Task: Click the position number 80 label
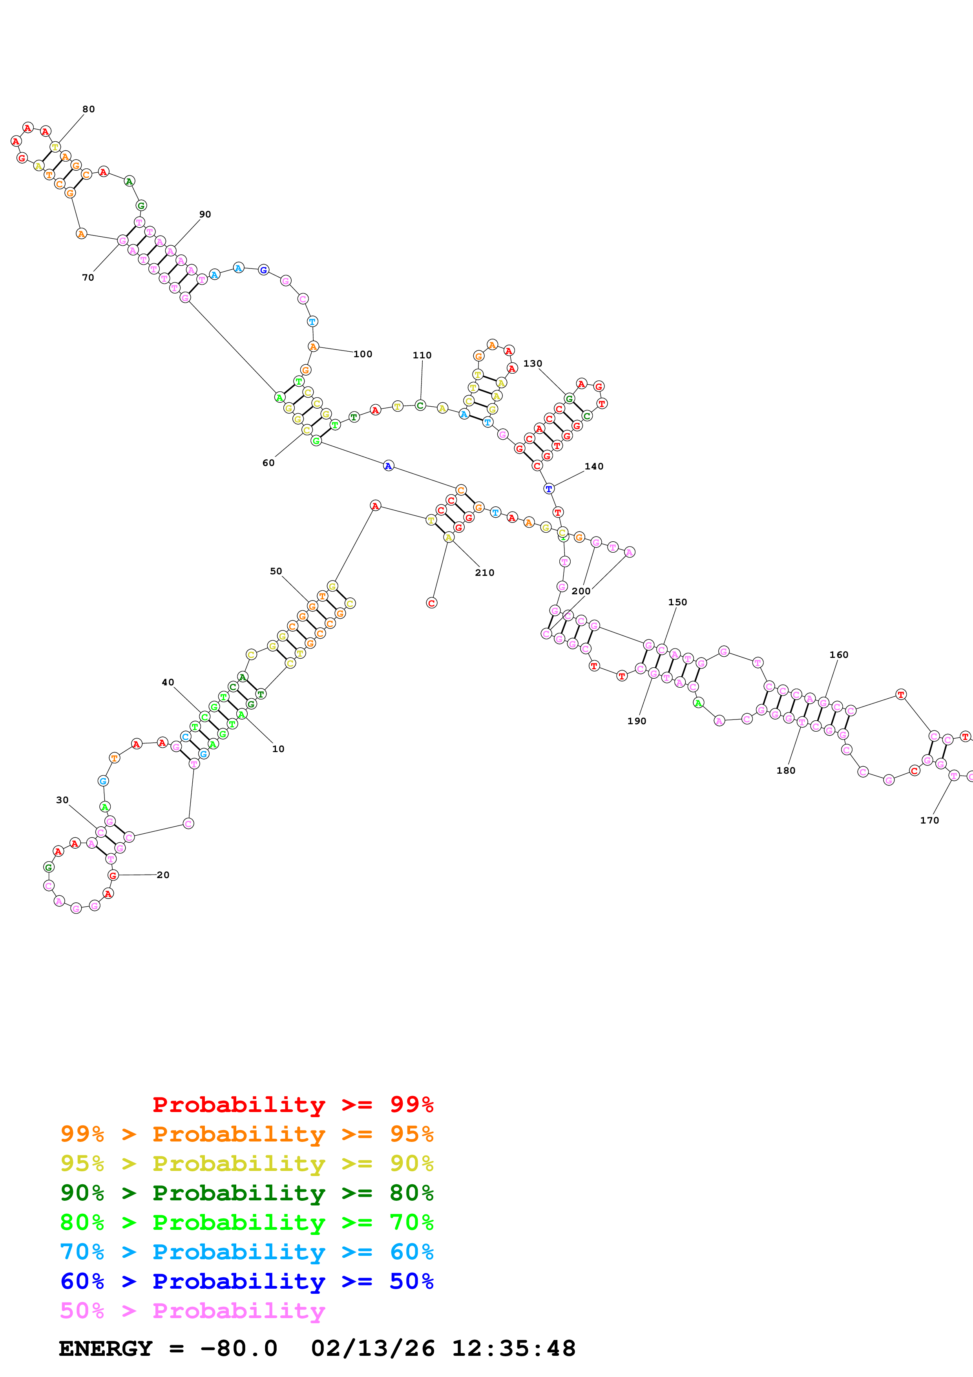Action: [88, 109]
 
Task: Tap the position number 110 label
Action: [422, 355]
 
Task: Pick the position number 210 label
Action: [484, 572]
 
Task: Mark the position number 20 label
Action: [163, 875]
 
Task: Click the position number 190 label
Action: [637, 721]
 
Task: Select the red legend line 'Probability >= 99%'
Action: [292, 1104]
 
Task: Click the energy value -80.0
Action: [239, 1348]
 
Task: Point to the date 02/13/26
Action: [372, 1348]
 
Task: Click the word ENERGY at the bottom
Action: [106, 1348]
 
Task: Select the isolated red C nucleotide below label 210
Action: [432, 603]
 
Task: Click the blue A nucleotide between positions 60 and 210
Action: [389, 466]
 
